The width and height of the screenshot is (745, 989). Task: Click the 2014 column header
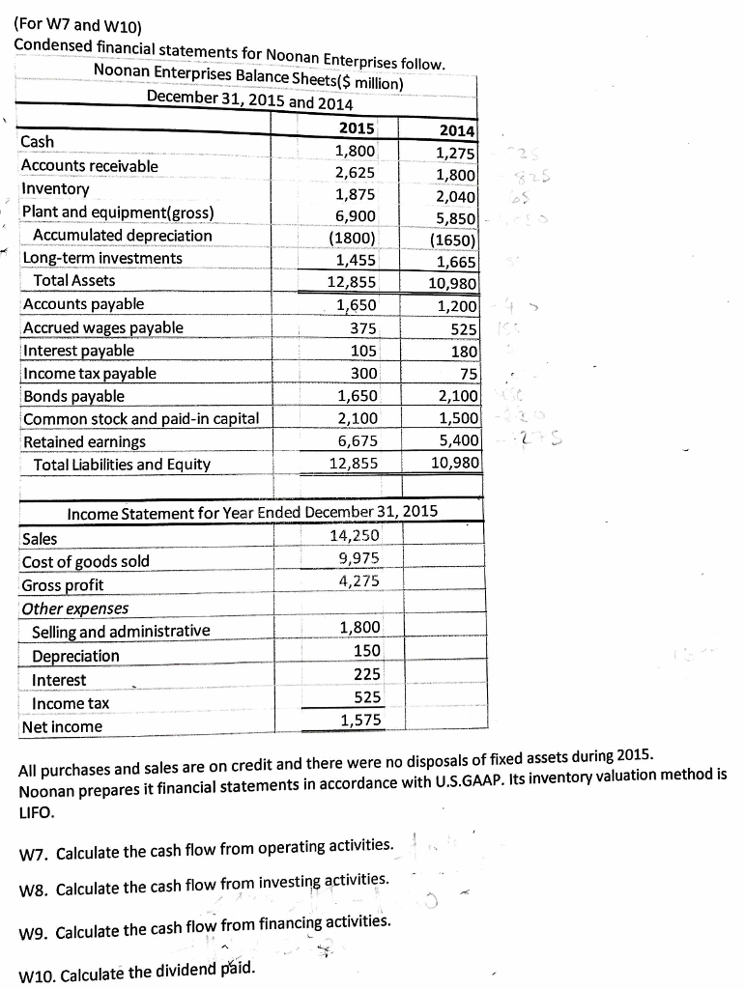[456, 130]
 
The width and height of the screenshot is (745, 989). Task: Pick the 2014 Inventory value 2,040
[455, 198]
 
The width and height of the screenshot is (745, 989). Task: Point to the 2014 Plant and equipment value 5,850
[455, 220]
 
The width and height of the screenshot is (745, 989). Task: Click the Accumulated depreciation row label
[122, 236]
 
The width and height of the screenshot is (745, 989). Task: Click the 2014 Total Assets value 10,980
[452, 283]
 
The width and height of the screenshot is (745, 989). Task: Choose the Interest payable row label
[79, 351]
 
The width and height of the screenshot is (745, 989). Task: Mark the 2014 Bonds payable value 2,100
[455, 396]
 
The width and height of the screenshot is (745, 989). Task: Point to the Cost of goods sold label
[86, 561]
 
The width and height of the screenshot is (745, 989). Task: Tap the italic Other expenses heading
[74, 608]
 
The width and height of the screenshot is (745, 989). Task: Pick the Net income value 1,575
[360, 720]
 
